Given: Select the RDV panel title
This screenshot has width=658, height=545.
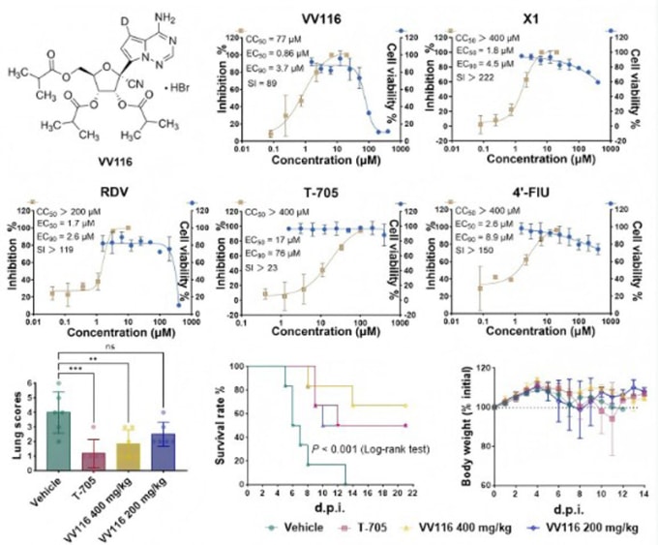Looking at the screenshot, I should click(105, 190).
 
